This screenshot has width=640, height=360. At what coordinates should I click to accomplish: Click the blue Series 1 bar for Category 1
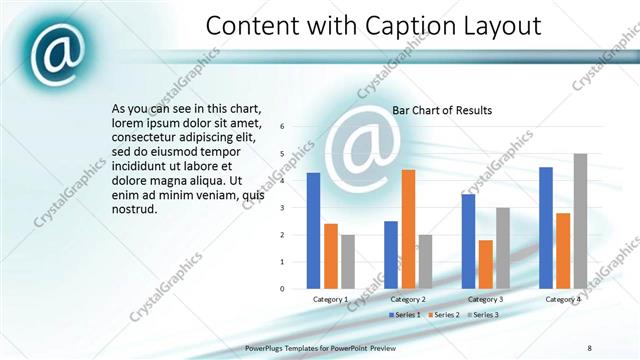pos(313,231)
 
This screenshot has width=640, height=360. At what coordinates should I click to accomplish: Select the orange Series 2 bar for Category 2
pos(408,229)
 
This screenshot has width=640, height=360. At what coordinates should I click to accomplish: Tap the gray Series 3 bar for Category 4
pos(580,221)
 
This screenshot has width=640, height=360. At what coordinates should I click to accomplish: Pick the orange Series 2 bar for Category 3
pos(485,264)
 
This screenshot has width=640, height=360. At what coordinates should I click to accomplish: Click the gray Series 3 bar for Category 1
pos(348,262)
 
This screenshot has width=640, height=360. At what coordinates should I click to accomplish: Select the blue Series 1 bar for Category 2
pos(390,255)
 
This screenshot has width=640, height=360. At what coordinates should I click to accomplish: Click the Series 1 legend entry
pos(404,315)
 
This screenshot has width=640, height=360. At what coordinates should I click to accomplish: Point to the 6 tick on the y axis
pos(283,127)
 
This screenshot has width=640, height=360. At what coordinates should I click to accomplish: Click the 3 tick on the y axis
pos(283,208)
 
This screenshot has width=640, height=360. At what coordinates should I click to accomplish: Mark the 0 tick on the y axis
pos(283,289)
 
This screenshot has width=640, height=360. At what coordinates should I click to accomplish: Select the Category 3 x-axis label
pos(486,299)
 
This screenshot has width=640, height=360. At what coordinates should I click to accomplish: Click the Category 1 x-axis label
pos(331,299)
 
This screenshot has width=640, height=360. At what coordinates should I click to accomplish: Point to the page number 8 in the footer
pos(590,347)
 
